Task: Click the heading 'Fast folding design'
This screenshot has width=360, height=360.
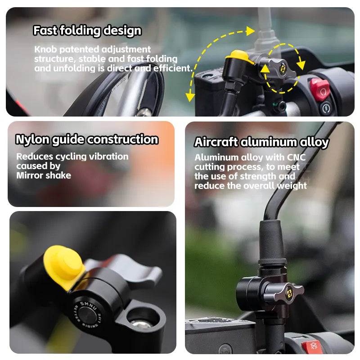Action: [87, 31]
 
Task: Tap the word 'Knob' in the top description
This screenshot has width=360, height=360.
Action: [45, 49]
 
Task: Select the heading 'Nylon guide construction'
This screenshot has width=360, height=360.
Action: [87, 139]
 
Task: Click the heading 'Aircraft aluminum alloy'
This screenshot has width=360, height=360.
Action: [261, 142]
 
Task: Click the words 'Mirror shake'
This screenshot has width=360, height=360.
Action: [44, 175]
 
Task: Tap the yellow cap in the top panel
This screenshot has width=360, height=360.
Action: [239, 57]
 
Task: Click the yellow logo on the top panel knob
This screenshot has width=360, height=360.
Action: [283, 68]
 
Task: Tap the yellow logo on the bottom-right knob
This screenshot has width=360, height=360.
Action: [289, 293]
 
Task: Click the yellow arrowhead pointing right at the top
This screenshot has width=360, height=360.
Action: [251, 31]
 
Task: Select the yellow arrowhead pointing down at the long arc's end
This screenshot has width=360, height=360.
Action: [190, 97]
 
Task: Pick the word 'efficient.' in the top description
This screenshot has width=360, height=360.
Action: [173, 68]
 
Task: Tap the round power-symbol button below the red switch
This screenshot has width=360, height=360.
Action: [326, 108]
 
